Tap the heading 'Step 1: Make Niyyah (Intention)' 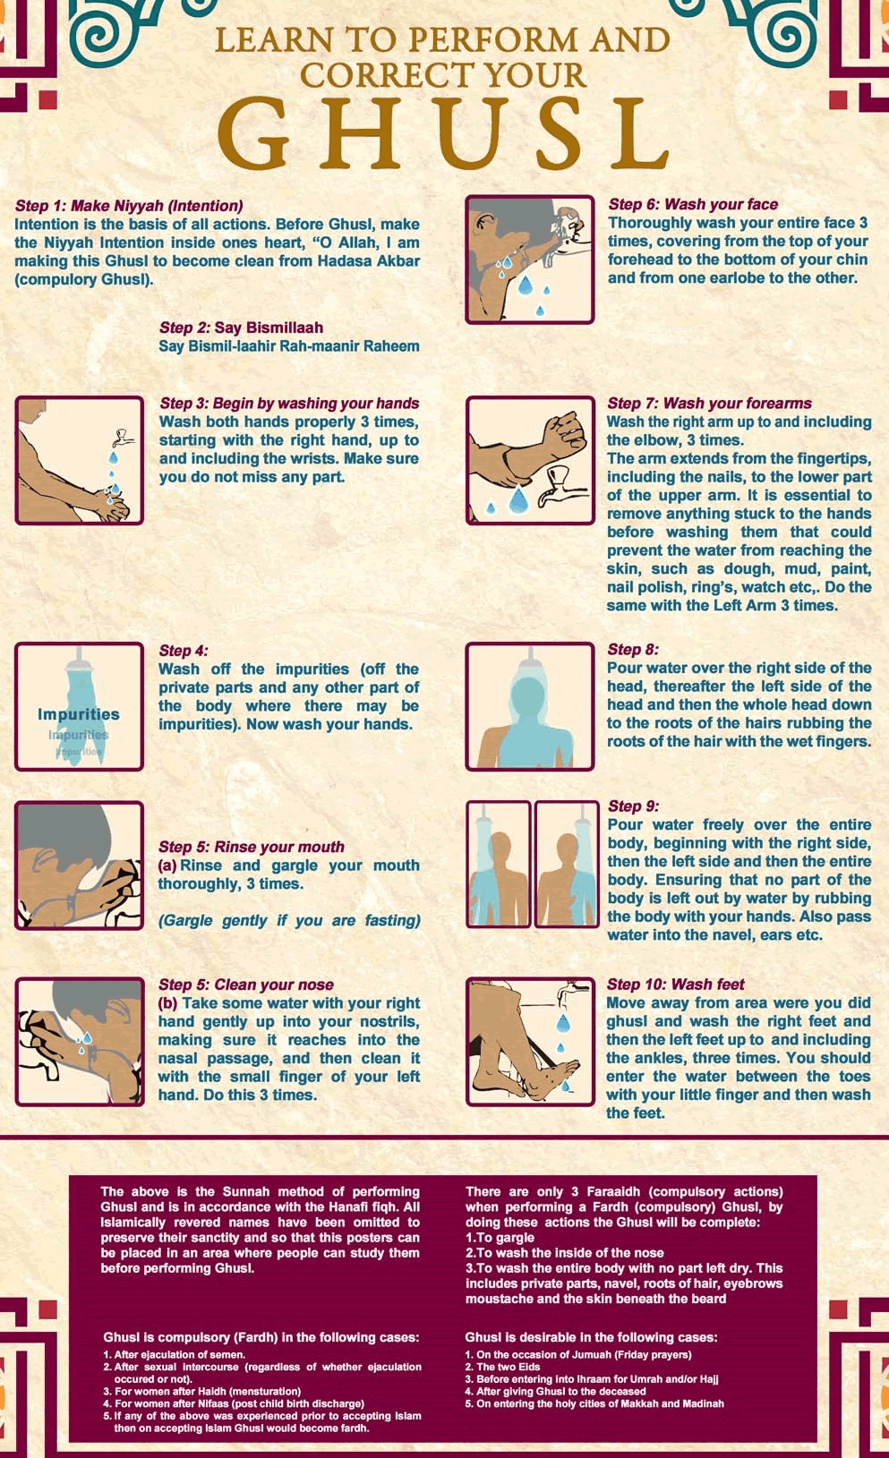129,206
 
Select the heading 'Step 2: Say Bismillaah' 241,328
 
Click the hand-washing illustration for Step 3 80,460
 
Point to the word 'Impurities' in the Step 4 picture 79,714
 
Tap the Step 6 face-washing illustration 529,260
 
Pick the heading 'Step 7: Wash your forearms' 709,404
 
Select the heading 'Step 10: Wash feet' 675,985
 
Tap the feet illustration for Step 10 529,1042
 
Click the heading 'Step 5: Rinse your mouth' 251,847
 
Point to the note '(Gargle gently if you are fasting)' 289,921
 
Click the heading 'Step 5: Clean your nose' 245,985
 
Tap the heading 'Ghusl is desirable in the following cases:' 591,1337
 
